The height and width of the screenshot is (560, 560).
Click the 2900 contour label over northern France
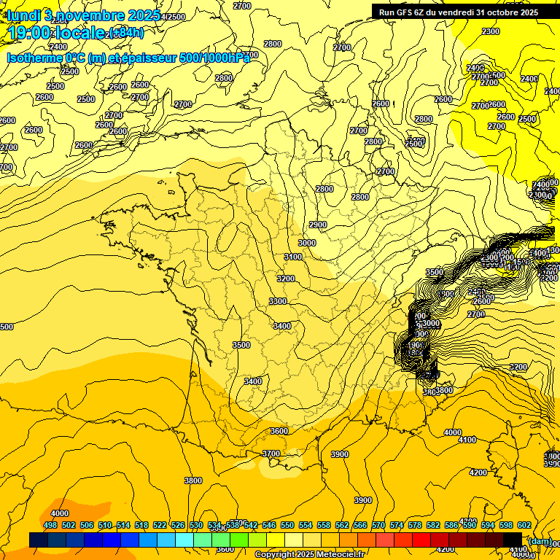pos(318,225)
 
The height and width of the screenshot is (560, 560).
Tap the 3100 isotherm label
pos(293,257)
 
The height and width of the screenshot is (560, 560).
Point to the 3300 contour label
pos(278,301)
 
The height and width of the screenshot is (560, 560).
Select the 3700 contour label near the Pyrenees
pos(271,454)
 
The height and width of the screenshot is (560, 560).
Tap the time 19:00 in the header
pos(33,33)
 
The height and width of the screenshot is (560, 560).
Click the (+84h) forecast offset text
pos(126,33)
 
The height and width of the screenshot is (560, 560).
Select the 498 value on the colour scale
pos(50,525)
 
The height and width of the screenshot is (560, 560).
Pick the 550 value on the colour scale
pos(287,525)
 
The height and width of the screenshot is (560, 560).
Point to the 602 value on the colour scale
pos(524,525)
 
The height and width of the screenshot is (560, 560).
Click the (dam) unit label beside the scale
pos(540,540)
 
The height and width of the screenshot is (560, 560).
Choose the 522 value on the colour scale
pos(160,525)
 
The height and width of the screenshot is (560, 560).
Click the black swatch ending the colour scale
pos(512,540)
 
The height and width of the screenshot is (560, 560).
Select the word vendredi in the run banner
pos(453,12)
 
